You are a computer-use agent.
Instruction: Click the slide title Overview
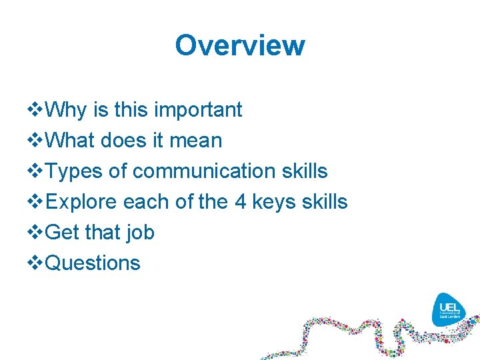point(240,45)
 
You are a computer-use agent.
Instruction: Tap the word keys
point(278,202)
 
